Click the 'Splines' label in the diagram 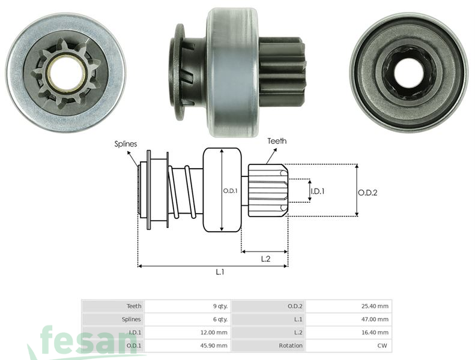[x=126, y=145]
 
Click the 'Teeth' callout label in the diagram [x=277, y=141]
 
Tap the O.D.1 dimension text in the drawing [x=231, y=191]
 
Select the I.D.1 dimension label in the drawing [x=318, y=191]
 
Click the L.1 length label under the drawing [x=220, y=272]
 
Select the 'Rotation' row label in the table [x=291, y=346]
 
